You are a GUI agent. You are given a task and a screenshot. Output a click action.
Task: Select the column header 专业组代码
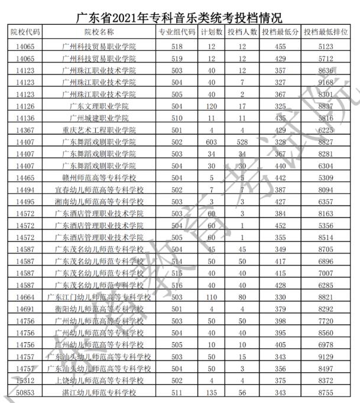click(x=177, y=32)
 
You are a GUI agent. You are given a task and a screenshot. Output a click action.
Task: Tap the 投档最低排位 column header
click(x=326, y=32)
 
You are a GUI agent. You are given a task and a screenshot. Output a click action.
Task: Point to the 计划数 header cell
click(x=212, y=32)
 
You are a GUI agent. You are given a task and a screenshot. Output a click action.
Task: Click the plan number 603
click(x=212, y=142)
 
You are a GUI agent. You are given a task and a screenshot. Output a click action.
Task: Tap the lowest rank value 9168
click(x=326, y=82)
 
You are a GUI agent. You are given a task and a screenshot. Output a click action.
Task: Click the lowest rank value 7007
click(x=326, y=274)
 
